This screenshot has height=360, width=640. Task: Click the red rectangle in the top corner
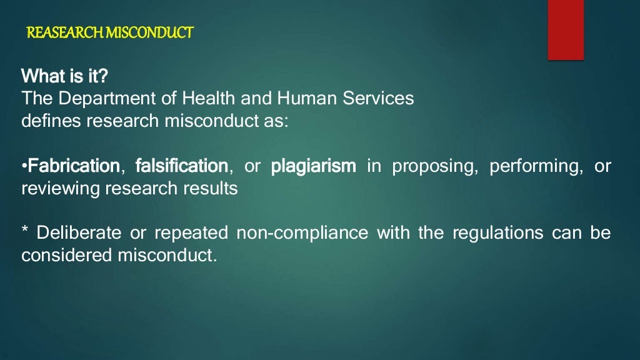(566, 29)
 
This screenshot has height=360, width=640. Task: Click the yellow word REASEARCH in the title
(65, 32)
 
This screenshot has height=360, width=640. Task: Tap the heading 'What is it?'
(65, 77)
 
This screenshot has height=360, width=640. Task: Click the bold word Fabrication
(74, 166)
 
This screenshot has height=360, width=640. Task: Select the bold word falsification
(182, 166)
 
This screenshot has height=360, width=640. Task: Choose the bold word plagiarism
(314, 166)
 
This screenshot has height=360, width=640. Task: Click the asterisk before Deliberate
(25, 232)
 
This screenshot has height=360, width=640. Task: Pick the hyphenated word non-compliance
(302, 234)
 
